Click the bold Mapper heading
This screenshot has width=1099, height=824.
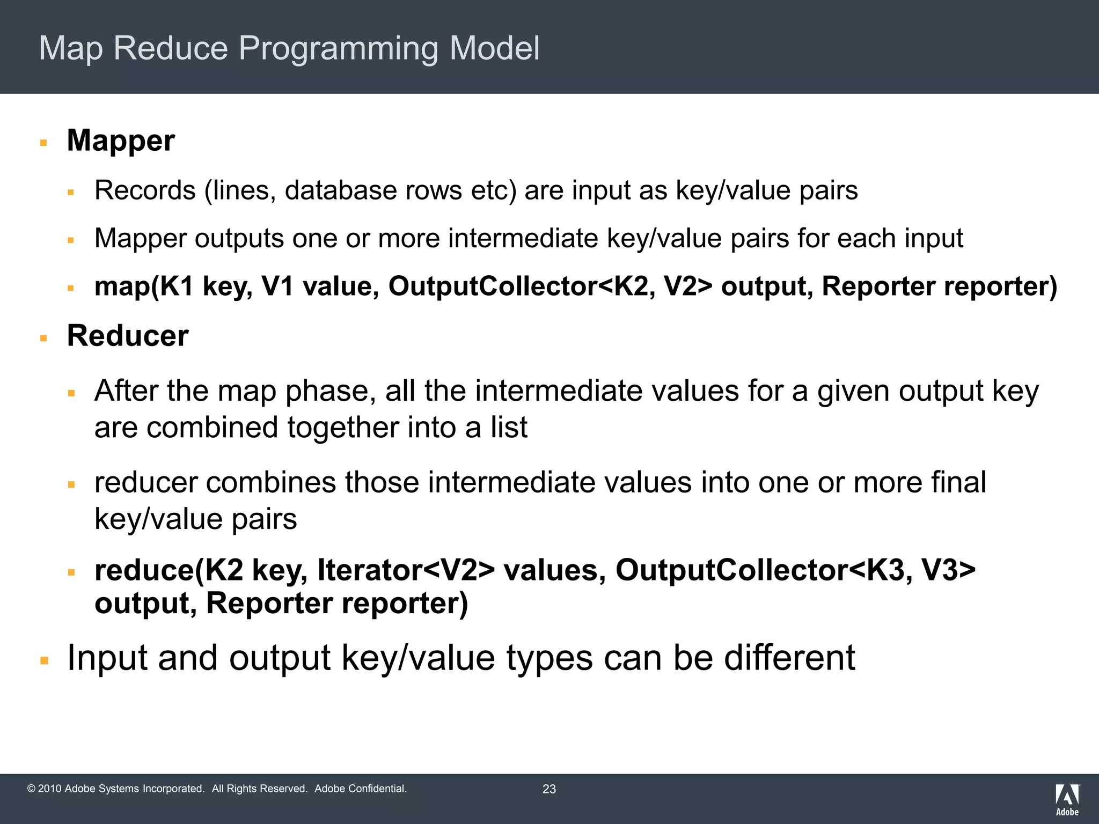pyautogui.click(x=121, y=141)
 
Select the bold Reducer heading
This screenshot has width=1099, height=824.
pyautogui.click(x=127, y=336)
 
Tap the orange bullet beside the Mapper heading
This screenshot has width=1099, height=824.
pyautogui.click(x=44, y=143)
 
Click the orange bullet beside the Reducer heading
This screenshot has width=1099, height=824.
pyautogui.click(x=44, y=338)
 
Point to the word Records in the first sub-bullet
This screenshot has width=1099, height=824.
pyautogui.click(x=145, y=190)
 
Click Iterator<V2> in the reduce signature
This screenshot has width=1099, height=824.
pyautogui.click(x=406, y=570)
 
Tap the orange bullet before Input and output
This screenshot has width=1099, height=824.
pyautogui.click(x=44, y=660)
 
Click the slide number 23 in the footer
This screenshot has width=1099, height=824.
pyautogui.click(x=549, y=789)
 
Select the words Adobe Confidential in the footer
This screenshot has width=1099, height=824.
pyautogui.click(x=360, y=789)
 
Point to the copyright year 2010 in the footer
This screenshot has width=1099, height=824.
pyautogui.click(x=50, y=789)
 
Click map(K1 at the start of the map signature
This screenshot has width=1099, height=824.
pyautogui.click(x=143, y=286)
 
